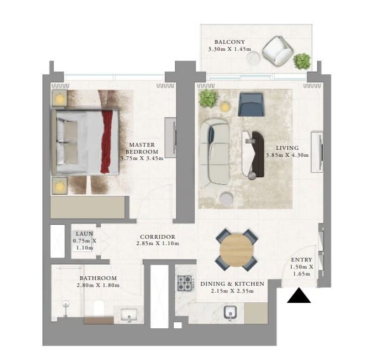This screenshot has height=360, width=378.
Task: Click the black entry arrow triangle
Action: (x=299, y=295)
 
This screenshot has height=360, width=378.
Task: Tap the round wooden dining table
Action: (x=237, y=250)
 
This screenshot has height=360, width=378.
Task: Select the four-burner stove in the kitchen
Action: (x=185, y=283)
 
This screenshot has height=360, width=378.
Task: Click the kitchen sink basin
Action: (x=230, y=313)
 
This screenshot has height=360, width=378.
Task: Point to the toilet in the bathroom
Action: (x=98, y=308)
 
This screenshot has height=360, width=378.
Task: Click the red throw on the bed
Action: (x=107, y=142)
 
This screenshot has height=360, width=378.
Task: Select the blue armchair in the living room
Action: (x=251, y=105)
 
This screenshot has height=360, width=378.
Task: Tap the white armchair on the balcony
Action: (x=278, y=51)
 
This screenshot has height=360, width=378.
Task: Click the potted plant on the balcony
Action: (x=302, y=61)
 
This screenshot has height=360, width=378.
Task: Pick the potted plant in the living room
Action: (x=209, y=98)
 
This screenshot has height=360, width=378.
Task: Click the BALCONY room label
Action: (x=230, y=42)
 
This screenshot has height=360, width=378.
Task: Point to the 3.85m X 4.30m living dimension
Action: (x=287, y=155)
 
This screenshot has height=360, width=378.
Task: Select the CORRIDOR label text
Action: (x=157, y=237)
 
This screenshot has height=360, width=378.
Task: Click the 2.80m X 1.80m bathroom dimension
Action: (x=98, y=285)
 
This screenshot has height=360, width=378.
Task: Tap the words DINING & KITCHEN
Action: (x=232, y=284)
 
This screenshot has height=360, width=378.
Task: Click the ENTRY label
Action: (x=301, y=260)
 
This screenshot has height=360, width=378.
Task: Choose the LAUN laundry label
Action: (x=84, y=234)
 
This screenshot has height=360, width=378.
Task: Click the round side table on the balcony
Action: (x=253, y=58)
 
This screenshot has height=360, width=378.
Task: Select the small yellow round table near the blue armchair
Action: (x=225, y=107)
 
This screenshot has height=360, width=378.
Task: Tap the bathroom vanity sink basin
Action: (x=129, y=315)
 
